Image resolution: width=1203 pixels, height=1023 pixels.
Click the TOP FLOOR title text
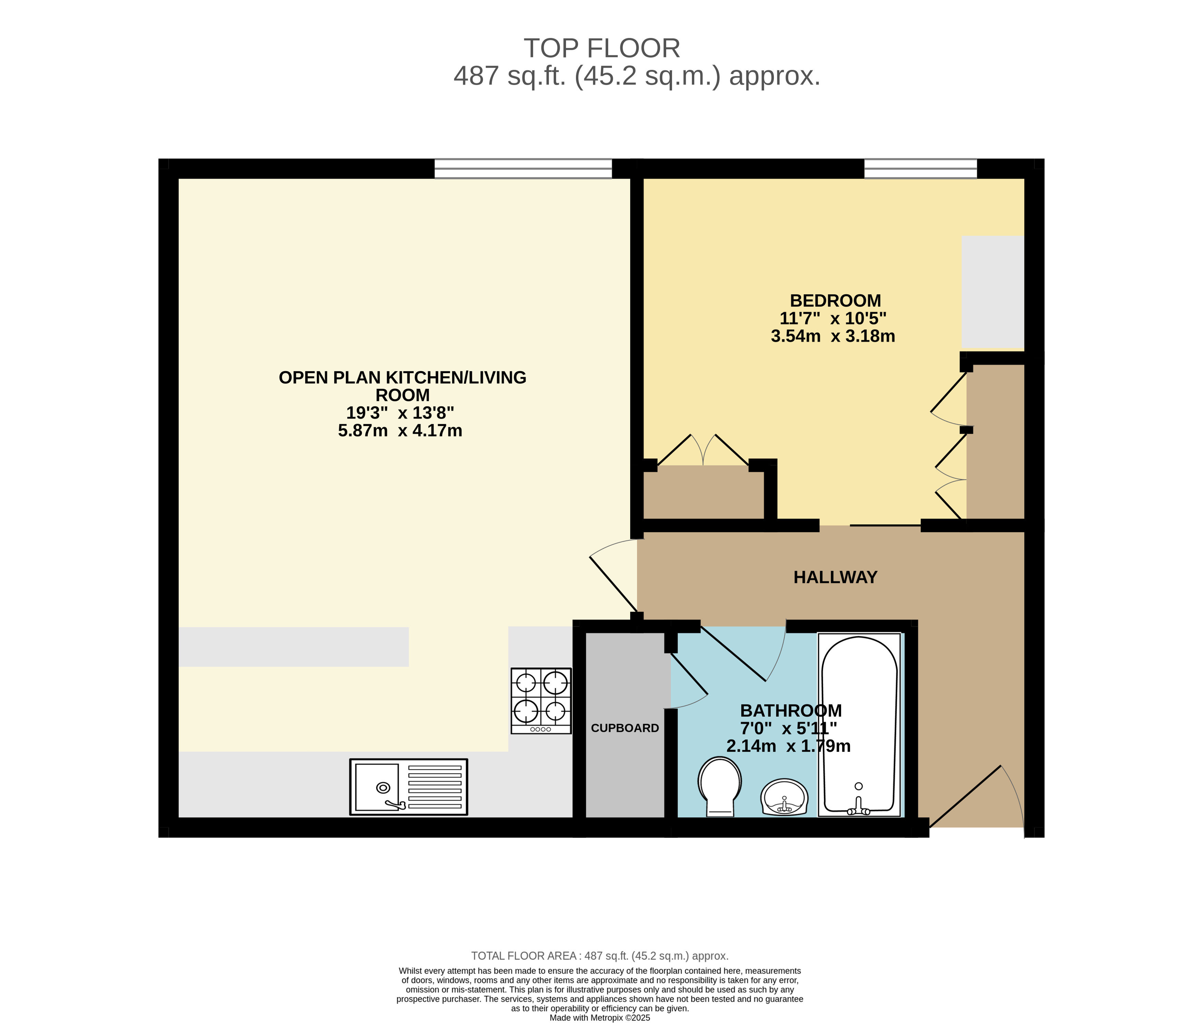coord(602,48)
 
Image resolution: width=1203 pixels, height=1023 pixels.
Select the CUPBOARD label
coord(625,728)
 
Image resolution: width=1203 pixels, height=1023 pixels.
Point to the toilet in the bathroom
coord(719,786)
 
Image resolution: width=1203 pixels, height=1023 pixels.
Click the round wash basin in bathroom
coord(783,797)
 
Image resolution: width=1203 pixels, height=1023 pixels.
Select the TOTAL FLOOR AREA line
coord(599,956)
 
